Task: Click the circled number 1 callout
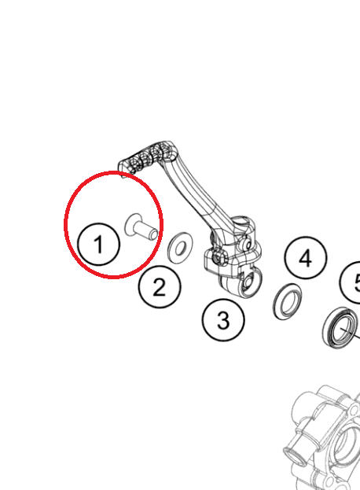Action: tap(98, 244)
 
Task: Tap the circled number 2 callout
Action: tap(160, 286)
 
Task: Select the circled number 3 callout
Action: tap(223, 320)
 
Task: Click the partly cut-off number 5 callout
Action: tap(353, 282)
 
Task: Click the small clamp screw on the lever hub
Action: tap(217, 256)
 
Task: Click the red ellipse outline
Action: tap(112, 175)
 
